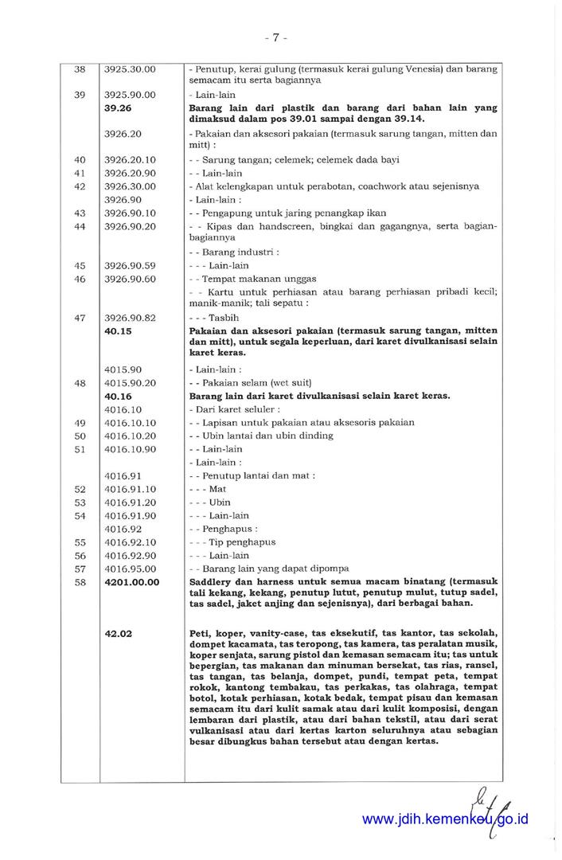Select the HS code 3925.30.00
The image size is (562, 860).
click(x=130, y=69)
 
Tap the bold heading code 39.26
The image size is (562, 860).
click(x=117, y=107)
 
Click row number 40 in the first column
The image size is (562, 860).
click(x=80, y=160)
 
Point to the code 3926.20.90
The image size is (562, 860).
click(x=130, y=173)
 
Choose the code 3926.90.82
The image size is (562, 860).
click(x=130, y=318)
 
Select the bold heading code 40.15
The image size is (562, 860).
click(x=117, y=330)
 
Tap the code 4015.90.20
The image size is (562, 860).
click(x=130, y=383)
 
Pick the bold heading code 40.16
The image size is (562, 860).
click(x=117, y=396)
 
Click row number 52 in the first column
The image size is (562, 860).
click(x=80, y=489)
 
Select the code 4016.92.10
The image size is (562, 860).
click(x=130, y=542)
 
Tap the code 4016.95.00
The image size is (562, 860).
click(x=130, y=569)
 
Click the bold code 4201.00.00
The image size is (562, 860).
click(x=131, y=582)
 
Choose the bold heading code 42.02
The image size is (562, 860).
click(x=117, y=634)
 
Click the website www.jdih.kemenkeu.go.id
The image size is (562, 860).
click(x=445, y=819)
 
